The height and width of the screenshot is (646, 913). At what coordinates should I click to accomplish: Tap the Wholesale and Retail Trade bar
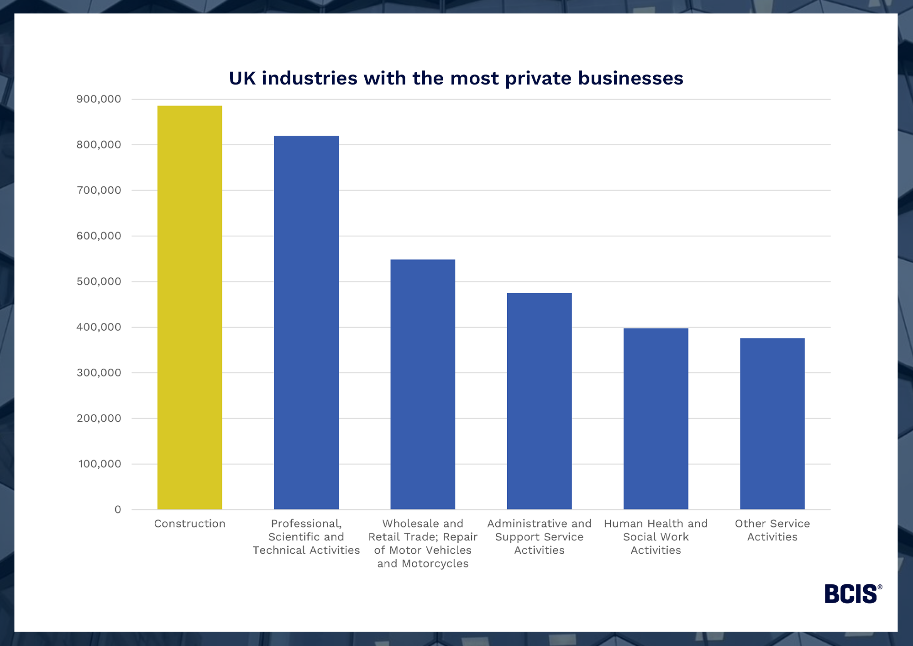423,384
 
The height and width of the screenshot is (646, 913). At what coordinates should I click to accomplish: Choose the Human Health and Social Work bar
656,418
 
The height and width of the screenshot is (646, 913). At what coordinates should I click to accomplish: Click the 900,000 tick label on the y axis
99,99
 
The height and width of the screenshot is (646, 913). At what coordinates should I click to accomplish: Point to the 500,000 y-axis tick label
99,281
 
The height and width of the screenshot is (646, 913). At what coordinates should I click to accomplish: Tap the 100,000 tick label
100,464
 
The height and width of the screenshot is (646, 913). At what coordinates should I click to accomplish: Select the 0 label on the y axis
118,509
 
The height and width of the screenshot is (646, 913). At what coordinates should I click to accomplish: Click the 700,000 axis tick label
99,190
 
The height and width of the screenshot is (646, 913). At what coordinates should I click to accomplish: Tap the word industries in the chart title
310,78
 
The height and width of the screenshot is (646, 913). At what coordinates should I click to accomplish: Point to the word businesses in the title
630,78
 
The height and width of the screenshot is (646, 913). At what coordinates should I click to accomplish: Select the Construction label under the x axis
189,524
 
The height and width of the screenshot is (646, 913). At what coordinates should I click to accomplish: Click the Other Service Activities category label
772,530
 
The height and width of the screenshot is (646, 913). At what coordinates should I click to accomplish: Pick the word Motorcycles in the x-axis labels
435,564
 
